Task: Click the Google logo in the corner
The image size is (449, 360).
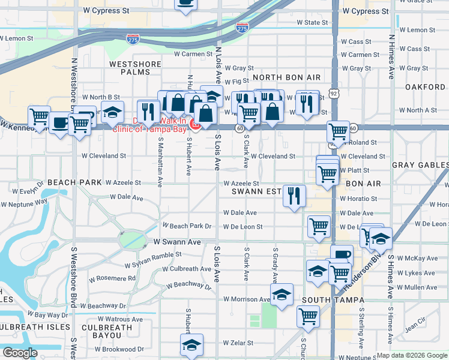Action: [x=20, y=353]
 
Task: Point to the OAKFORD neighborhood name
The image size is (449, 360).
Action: [x=425, y=87]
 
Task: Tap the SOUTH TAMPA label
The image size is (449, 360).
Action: [x=333, y=300]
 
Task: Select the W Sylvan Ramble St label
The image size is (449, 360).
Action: [x=153, y=259]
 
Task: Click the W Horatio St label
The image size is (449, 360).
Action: [x=358, y=199]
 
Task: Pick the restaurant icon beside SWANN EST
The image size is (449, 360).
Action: [x=294, y=195]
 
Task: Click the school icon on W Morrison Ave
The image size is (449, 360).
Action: [x=282, y=295]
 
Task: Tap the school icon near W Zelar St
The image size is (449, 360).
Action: [x=191, y=345]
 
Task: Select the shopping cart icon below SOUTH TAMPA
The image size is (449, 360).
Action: [x=309, y=314]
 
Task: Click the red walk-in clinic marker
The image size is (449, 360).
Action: [x=194, y=124]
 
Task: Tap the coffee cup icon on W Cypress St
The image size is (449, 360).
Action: [x=185, y=3]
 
